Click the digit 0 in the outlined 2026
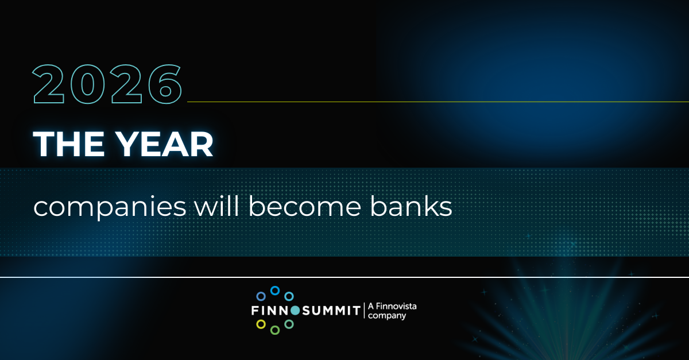[x=88, y=84]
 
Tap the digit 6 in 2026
[x=165, y=84]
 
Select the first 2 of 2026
[x=49, y=84]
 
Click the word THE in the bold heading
[x=68, y=144]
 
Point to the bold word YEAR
[x=165, y=144]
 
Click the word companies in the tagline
[x=110, y=207]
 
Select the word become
[x=304, y=206]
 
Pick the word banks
[x=411, y=206]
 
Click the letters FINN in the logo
[x=270, y=311]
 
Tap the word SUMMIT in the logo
[x=331, y=311]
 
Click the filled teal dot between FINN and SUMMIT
[x=295, y=311]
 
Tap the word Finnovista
[x=396, y=307]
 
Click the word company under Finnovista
[x=387, y=316]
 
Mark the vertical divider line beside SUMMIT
[x=364, y=311]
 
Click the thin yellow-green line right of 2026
[x=438, y=102]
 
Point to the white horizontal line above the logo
[x=344, y=277]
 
